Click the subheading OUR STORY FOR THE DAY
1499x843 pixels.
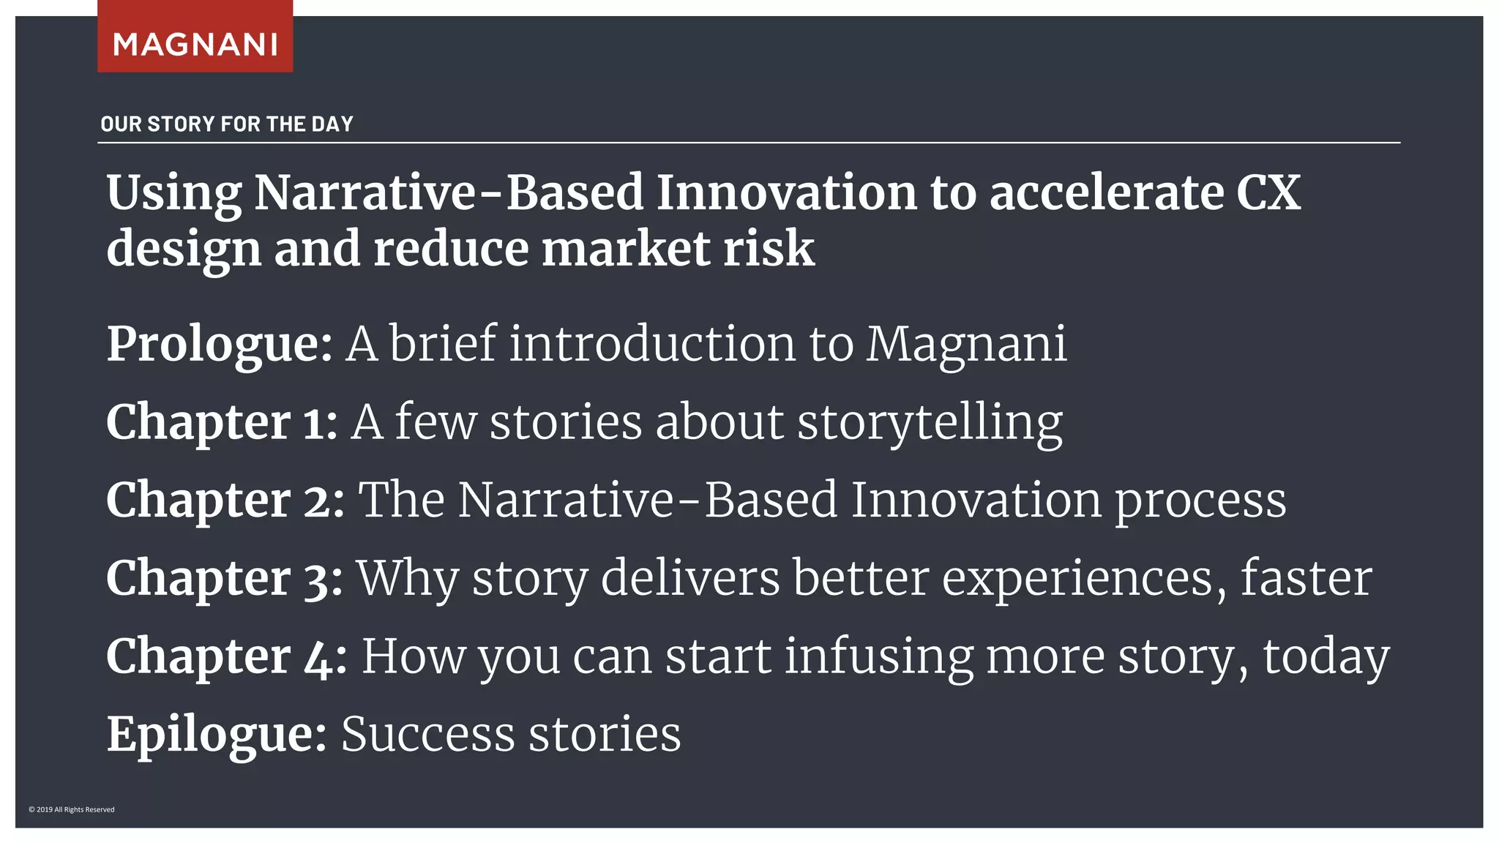click(227, 124)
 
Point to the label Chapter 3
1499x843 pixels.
click(224, 578)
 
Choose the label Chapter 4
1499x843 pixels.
click(226, 656)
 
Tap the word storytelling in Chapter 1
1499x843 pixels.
click(930, 422)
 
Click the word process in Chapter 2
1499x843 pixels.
click(1200, 501)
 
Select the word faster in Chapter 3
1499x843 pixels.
click(1306, 578)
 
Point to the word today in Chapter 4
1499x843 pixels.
click(1326, 656)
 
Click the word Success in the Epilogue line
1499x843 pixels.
click(428, 734)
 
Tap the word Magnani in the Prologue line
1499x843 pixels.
click(966, 343)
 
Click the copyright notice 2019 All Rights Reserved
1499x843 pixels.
click(72, 809)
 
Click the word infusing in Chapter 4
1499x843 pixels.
click(879, 656)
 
